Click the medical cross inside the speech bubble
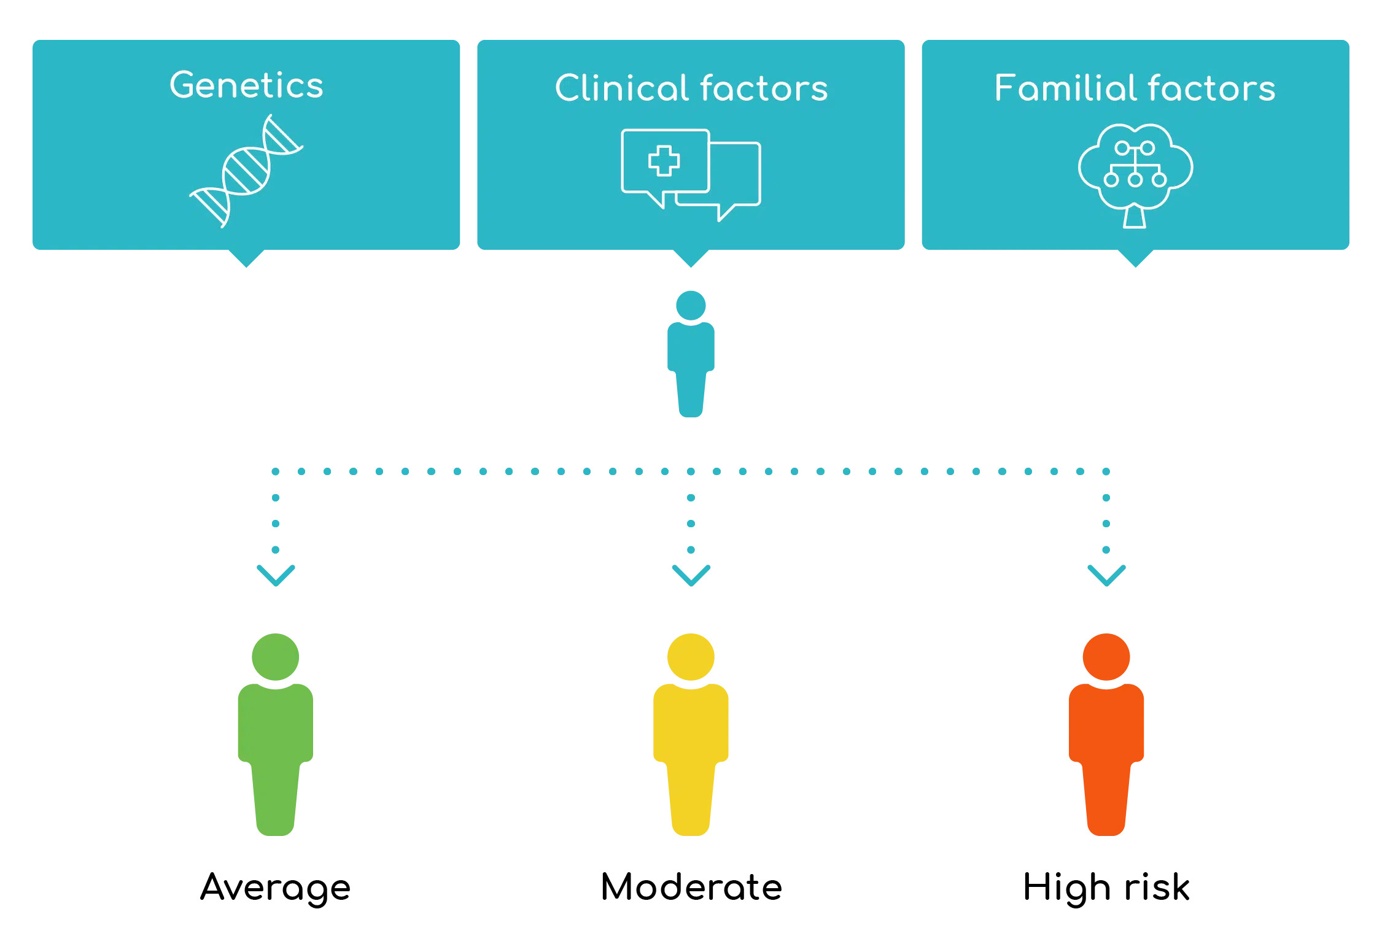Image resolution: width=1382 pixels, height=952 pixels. (x=664, y=161)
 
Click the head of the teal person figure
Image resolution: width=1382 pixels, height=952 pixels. (x=691, y=306)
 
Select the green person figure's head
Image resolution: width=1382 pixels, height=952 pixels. (x=276, y=657)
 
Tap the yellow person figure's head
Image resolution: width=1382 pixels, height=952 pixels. (x=691, y=657)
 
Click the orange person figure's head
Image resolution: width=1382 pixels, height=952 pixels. (x=1106, y=657)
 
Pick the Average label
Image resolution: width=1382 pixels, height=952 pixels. (x=276, y=888)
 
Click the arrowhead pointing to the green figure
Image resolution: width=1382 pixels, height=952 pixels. (x=276, y=576)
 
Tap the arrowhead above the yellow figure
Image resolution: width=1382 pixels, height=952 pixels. (x=691, y=576)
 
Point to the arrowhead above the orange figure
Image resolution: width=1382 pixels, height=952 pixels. (x=1106, y=576)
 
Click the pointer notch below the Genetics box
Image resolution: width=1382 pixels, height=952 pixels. (x=246, y=258)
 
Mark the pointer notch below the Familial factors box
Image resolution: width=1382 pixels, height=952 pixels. (x=1135, y=258)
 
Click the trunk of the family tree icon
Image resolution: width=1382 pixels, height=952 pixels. (x=1135, y=218)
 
